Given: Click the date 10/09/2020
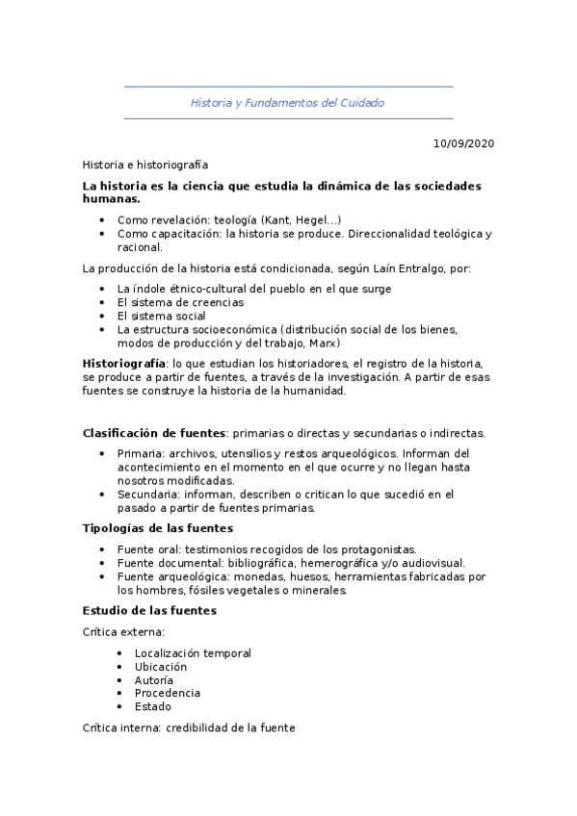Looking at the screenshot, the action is coord(463,144).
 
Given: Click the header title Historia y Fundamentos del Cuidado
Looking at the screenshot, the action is coord(287,102).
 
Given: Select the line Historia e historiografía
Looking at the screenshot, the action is coord(145,166).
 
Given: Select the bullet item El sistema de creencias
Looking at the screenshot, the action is coord(180,302).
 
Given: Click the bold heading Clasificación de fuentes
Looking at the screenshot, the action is coord(154,433).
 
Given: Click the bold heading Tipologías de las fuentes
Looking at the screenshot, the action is coord(157,528).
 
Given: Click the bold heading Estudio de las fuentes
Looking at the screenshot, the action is coord(149,610).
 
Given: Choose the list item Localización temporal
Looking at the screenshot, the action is coord(193,653).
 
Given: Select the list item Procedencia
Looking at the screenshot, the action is coord(168,693).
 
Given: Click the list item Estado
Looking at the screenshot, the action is coord(153,706).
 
